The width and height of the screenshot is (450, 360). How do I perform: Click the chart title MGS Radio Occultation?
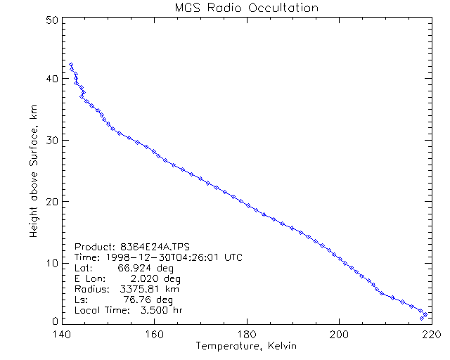click(246, 8)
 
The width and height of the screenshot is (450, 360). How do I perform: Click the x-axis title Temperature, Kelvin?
click(246, 347)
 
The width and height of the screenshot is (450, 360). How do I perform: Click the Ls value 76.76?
click(137, 300)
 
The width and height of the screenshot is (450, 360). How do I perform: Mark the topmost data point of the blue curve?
click(71, 65)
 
